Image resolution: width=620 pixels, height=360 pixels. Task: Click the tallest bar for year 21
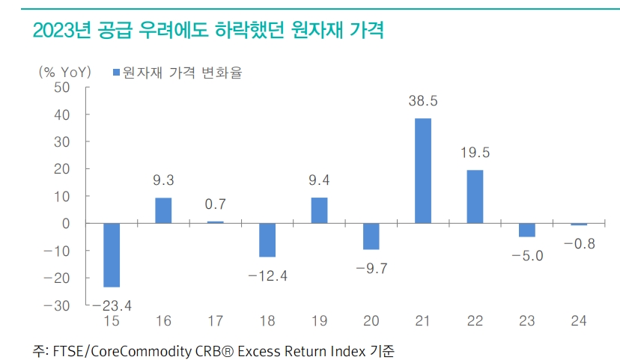pos(423,171)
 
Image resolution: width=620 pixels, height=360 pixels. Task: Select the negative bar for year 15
pos(112,254)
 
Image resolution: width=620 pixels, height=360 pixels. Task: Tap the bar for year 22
pos(475,196)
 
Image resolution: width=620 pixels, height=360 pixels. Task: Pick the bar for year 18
pos(267,240)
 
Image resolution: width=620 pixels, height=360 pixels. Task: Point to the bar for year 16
pos(163,210)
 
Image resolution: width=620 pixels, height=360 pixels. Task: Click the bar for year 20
pos(371,236)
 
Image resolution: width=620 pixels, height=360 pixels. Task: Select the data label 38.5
pos(423,100)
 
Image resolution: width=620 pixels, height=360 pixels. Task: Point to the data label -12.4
pos(267,275)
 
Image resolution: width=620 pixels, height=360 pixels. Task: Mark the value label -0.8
pos(579,244)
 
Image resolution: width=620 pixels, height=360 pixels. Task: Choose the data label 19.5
pos(475,152)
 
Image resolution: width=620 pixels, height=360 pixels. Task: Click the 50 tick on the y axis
pos(61,88)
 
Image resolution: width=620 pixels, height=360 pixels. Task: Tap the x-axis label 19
pos(319,321)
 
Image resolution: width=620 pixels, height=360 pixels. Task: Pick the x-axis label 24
pos(579,321)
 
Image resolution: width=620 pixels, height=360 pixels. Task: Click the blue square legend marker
pos(117,72)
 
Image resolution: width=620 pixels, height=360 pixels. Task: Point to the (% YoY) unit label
pos(64,72)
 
